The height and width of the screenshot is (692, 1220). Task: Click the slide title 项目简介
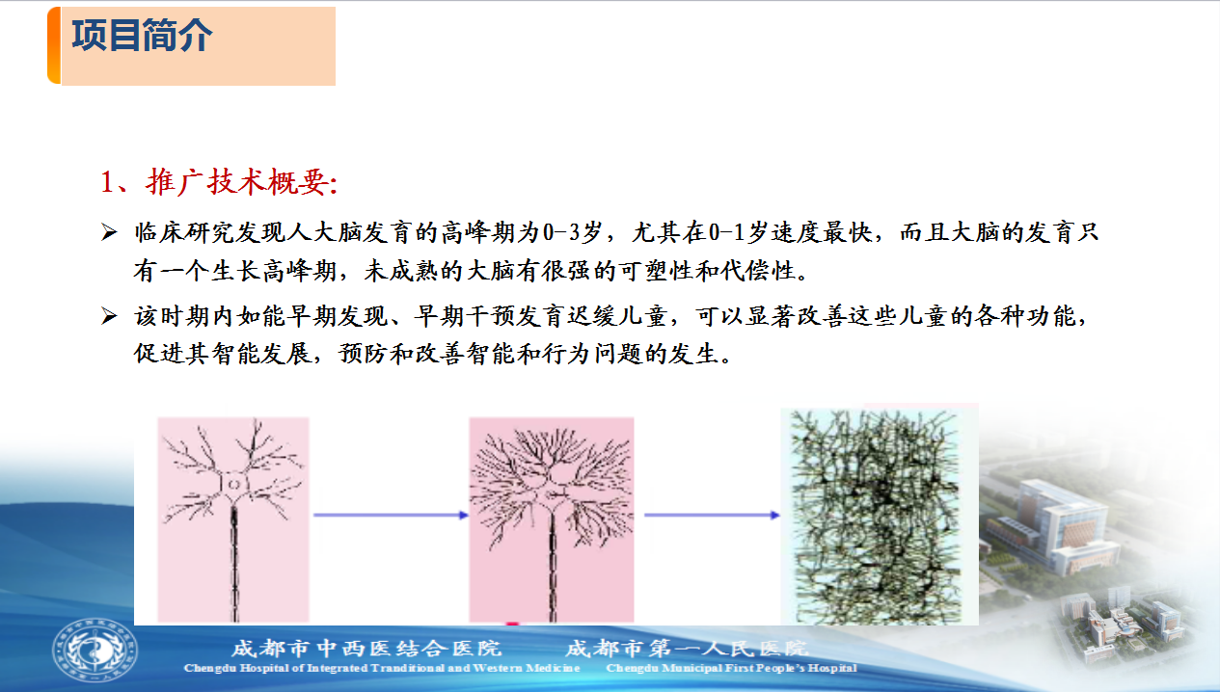pyautogui.click(x=142, y=36)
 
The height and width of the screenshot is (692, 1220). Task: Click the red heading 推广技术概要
pyautogui.click(x=241, y=182)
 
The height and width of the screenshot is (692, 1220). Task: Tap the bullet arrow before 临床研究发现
pyautogui.click(x=109, y=232)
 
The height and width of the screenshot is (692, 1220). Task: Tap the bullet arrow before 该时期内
pyautogui.click(x=109, y=316)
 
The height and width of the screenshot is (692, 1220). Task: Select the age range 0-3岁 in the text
pyautogui.click(x=572, y=232)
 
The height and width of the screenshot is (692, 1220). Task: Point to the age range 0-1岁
pyautogui.click(x=738, y=232)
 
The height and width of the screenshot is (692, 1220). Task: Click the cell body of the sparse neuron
pyautogui.click(x=233, y=485)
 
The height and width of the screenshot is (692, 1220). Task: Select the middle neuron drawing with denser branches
pyautogui.click(x=552, y=519)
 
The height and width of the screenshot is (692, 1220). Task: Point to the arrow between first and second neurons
pyautogui.click(x=391, y=515)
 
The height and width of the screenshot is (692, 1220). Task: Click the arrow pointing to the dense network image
pyautogui.click(x=712, y=515)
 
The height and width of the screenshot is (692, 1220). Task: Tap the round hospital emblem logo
pyautogui.click(x=95, y=650)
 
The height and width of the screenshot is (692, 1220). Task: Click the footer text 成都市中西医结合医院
pyautogui.click(x=366, y=649)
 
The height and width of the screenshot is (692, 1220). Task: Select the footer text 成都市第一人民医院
pyautogui.click(x=687, y=649)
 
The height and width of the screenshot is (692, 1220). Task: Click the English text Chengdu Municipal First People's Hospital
pyautogui.click(x=731, y=668)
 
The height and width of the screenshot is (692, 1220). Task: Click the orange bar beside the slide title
pyautogui.click(x=54, y=45)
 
